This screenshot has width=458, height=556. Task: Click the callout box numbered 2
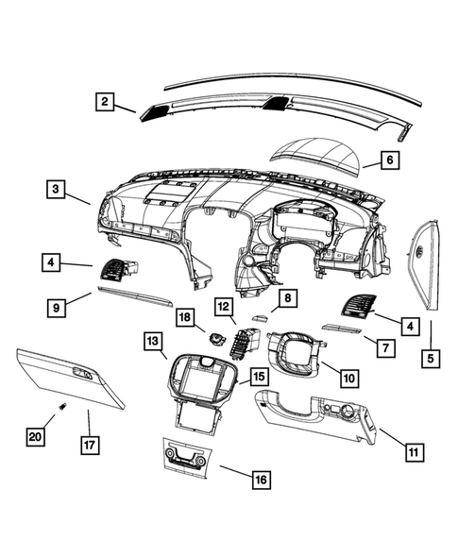click(x=105, y=101)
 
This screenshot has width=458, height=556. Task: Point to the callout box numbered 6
click(x=388, y=160)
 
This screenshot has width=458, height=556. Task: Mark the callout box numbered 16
click(x=260, y=480)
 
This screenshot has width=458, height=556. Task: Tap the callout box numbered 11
click(x=412, y=451)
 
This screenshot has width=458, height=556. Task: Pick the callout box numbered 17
click(x=90, y=444)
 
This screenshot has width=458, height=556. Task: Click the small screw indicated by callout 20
click(x=61, y=407)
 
